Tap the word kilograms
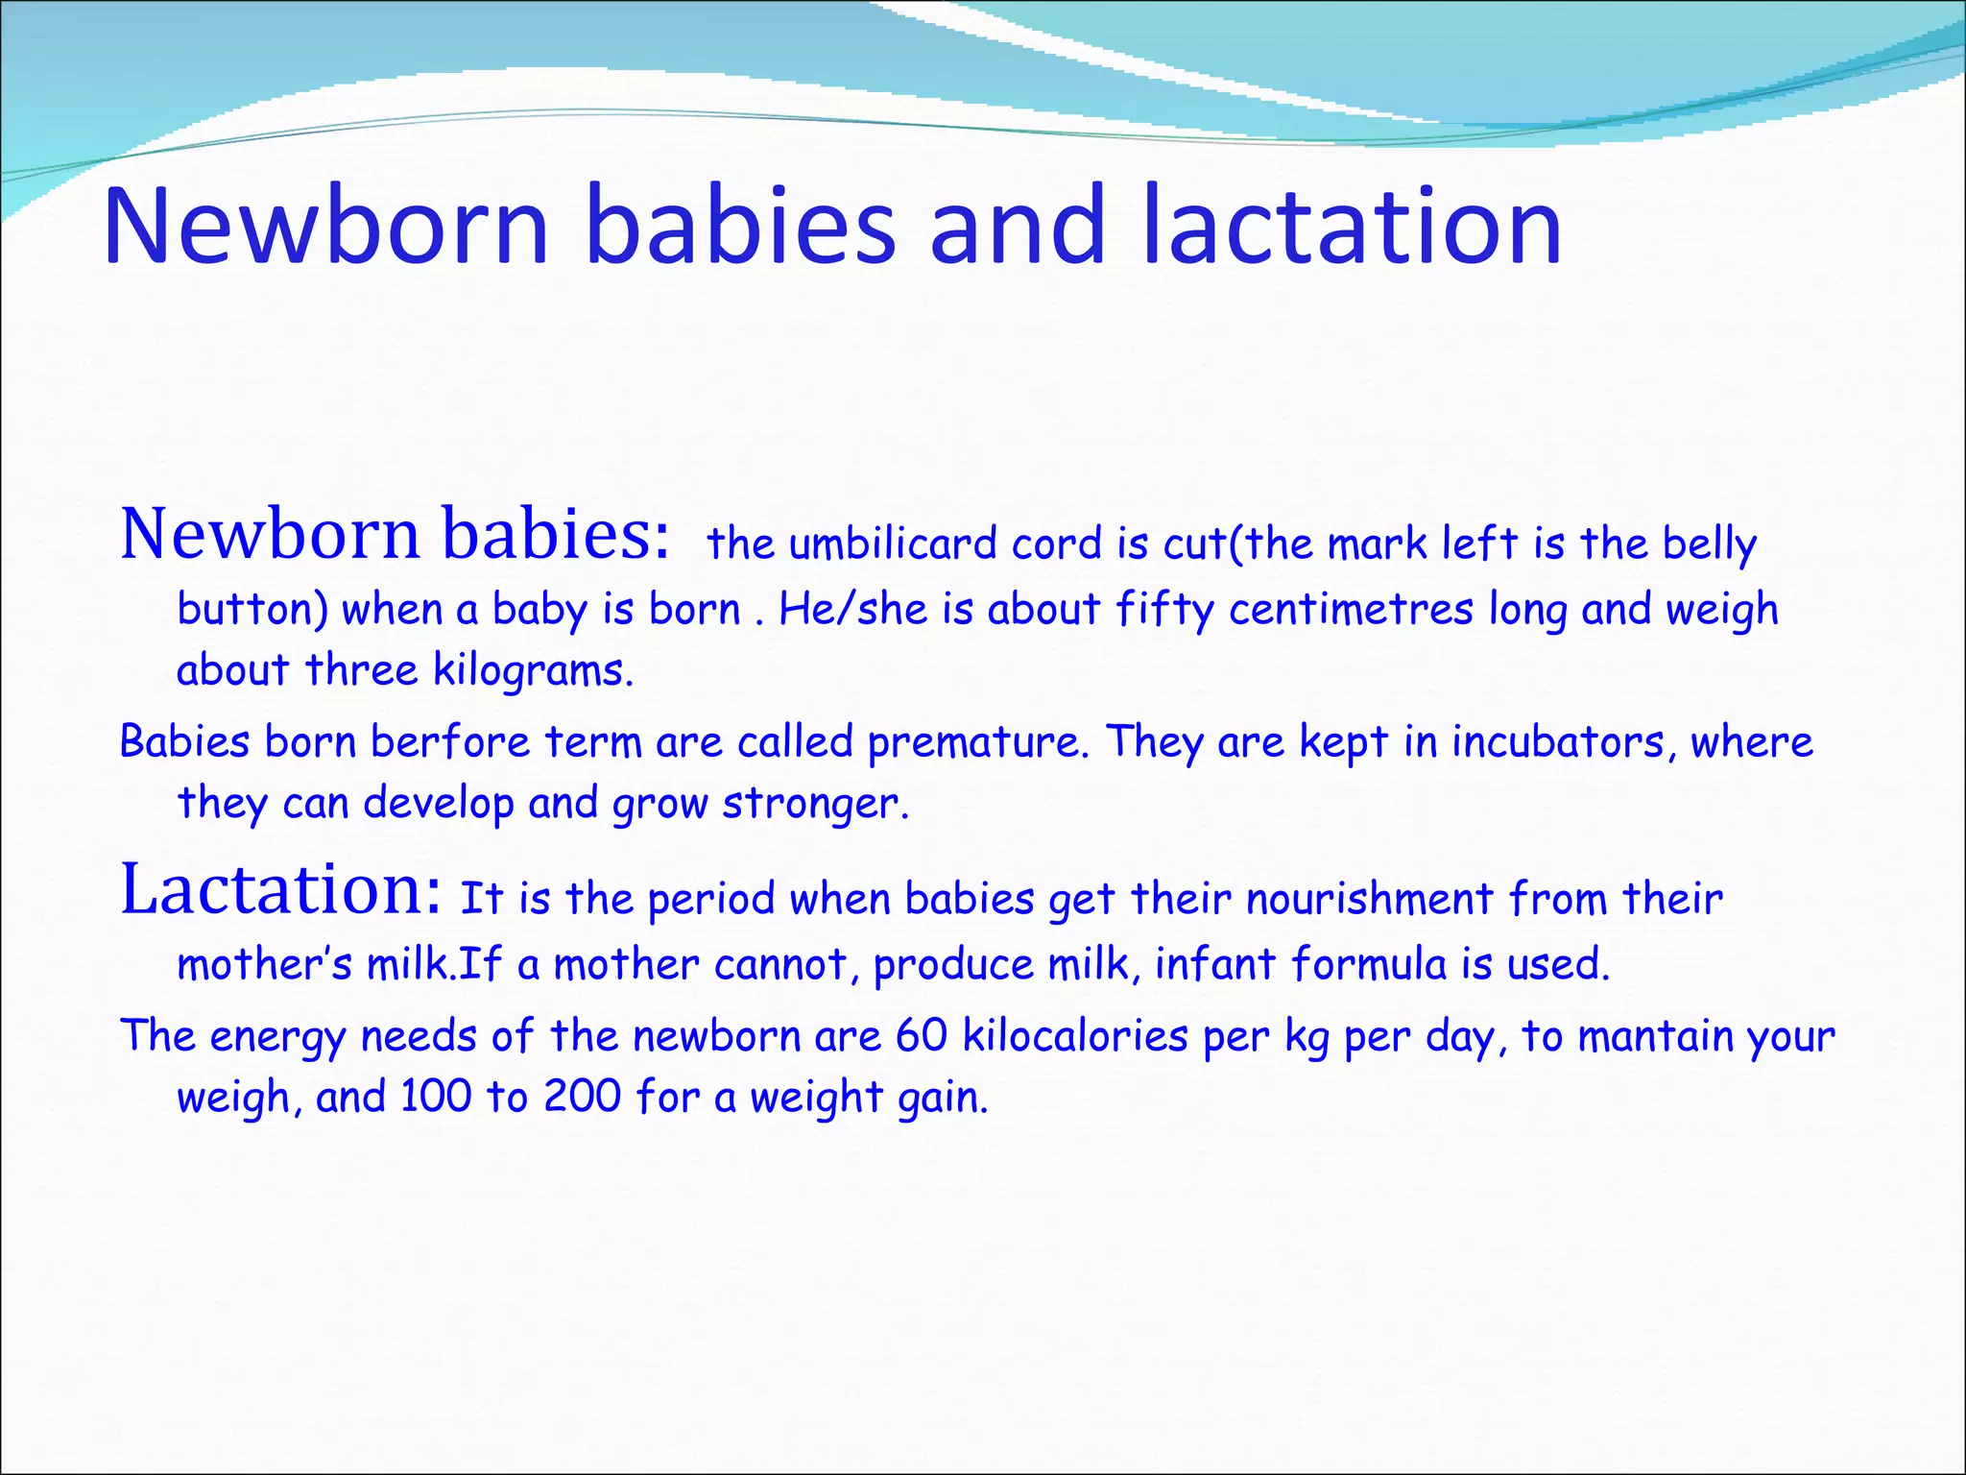point(533,670)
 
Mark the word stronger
point(814,803)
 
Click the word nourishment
point(1370,900)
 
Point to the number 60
point(922,1036)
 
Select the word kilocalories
point(1075,1036)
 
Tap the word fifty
point(1164,609)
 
